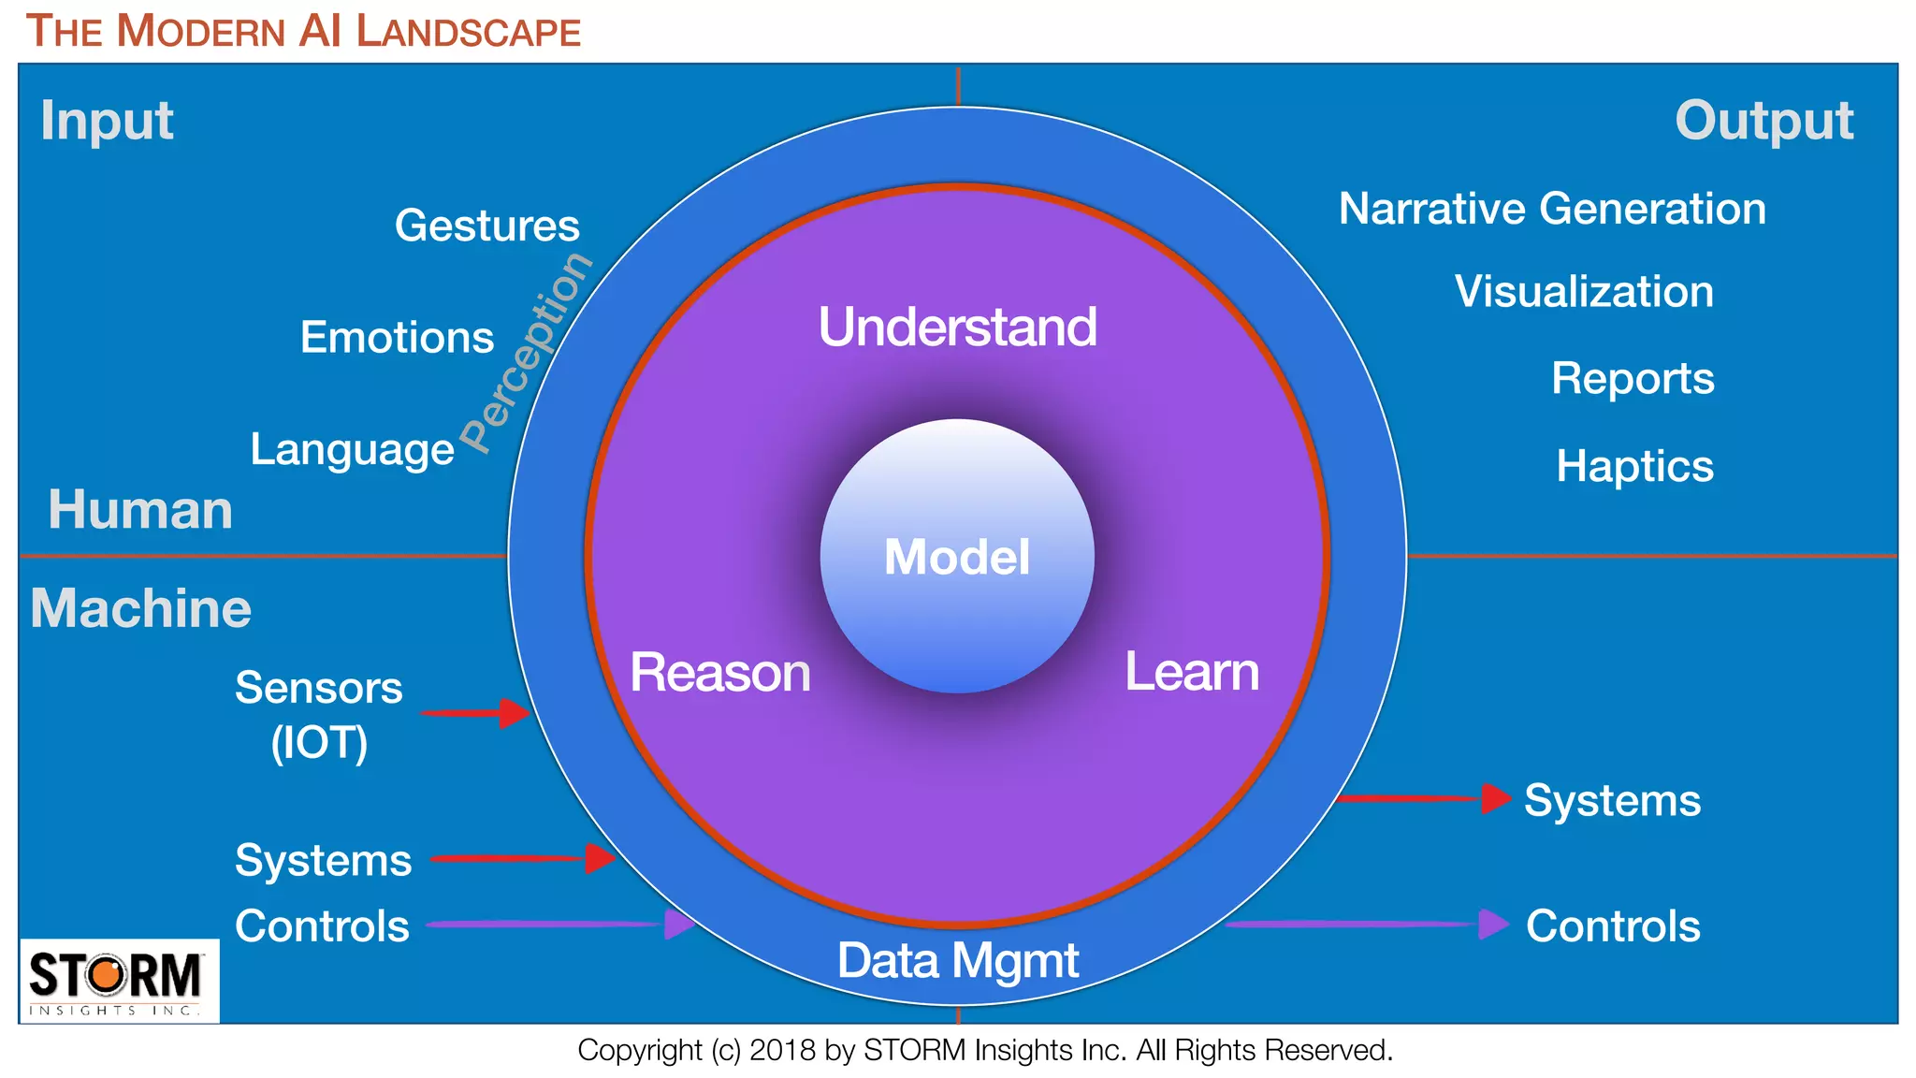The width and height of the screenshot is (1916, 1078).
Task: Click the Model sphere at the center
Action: pyautogui.click(x=957, y=556)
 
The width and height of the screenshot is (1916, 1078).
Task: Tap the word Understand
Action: pyautogui.click(x=957, y=328)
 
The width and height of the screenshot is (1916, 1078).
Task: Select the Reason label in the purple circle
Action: pyautogui.click(x=719, y=673)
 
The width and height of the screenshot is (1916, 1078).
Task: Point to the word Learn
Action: pyautogui.click(x=1191, y=672)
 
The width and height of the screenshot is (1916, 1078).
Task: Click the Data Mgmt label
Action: pyautogui.click(x=957, y=961)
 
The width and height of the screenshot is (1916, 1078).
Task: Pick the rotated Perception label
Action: pyautogui.click(x=527, y=353)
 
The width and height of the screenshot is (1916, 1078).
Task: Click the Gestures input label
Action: pyautogui.click(x=486, y=226)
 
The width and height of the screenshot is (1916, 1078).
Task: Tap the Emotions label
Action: pyautogui.click(x=397, y=337)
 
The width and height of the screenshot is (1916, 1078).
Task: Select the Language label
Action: pyautogui.click(x=352, y=449)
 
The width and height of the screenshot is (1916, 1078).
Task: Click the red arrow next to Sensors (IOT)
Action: pyautogui.click(x=475, y=713)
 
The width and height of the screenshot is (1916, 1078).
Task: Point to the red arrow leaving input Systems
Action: pyautogui.click(x=522, y=858)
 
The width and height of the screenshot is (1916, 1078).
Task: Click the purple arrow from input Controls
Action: pyautogui.click(x=559, y=925)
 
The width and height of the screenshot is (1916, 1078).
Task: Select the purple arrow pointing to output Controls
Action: pyautogui.click(x=1366, y=925)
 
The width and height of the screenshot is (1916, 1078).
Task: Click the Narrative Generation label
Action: pyautogui.click(x=1552, y=209)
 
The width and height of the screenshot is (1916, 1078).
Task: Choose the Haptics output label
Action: pyautogui.click(x=1634, y=466)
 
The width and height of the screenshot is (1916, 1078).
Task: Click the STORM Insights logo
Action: pyautogui.click(x=118, y=981)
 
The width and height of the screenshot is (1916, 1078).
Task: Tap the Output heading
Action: pyautogui.click(x=1764, y=121)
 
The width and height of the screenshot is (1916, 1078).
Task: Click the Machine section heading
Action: pyautogui.click(x=140, y=608)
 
